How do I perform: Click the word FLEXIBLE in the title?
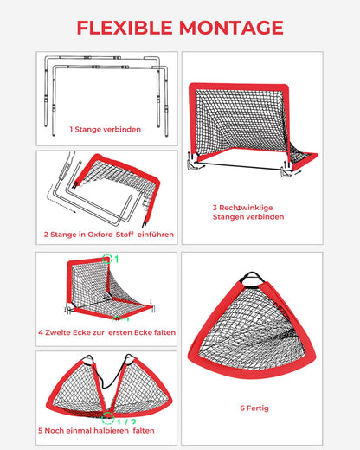pyautogui.click(x=125, y=28)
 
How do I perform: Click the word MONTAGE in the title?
pyautogui.click(x=231, y=28)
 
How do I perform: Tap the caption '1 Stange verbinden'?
pyautogui.click(x=106, y=129)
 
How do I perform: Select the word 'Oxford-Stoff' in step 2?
pyautogui.click(x=111, y=235)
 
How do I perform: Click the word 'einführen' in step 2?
pyautogui.click(x=156, y=235)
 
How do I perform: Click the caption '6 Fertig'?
pyautogui.click(x=254, y=408)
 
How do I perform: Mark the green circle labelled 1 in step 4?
pyautogui.click(x=107, y=259)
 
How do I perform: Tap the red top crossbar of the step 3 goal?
pyautogui.click(x=239, y=87)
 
